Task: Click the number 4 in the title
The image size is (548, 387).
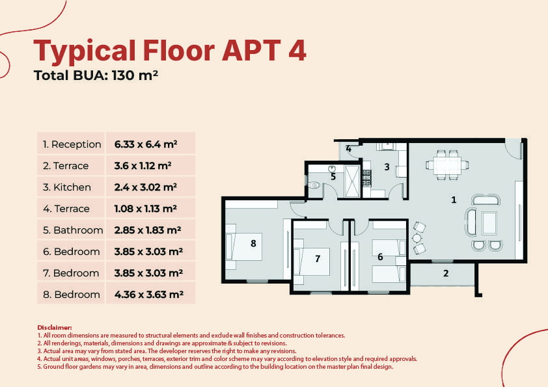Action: coord(297,50)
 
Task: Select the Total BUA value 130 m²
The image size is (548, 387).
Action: coord(135,75)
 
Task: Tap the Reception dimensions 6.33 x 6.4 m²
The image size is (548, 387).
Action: coord(146,144)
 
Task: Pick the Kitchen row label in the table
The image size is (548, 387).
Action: coord(67,187)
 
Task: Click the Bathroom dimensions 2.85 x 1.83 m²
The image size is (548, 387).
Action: coord(148,230)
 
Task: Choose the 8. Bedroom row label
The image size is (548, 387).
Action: coord(72,295)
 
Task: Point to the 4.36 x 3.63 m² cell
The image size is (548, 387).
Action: coord(149,295)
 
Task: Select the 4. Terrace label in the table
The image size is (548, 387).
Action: coord(66,209)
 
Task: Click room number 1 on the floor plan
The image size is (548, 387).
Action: coord(454,200)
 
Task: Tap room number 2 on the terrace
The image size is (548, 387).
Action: coord(446,273)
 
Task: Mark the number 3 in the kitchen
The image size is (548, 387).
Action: coord(387,167)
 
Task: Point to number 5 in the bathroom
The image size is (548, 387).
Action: coord(333,177)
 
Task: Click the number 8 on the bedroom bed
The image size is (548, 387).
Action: coord(253,243)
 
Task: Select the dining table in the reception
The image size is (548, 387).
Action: coord(447,165)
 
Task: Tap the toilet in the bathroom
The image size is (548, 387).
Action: coord(314,185)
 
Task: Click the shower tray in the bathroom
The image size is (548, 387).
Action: coord(352,181)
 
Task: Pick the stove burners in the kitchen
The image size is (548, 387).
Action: coord(366,178)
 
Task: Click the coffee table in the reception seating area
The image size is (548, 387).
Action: coord(489,223)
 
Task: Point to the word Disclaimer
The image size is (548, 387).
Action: coord(55,328)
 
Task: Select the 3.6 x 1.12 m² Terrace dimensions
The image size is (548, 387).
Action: coord(143,166)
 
